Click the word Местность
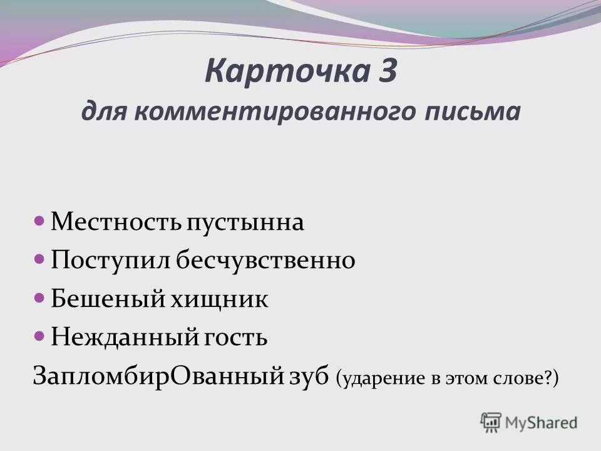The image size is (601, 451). pyautogui.click(x=115, y=222)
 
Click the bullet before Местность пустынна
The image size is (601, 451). pyautogui.click(x=39, y=221)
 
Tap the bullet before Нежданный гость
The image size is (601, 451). pyautogui.click(x=39, y=336)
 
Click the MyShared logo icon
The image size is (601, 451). pyautogui.click(x=491, y=423)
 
